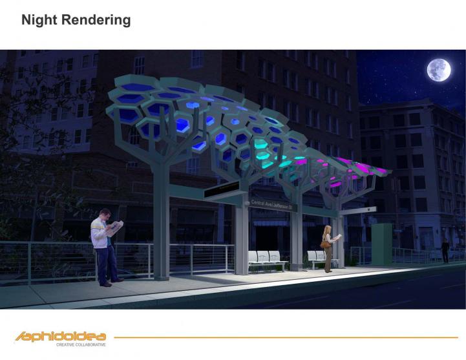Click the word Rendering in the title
pyautogui.click(x=96, y=20)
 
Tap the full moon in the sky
pyautogui.click(x=438, y=70)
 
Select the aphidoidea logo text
pyautogui.click(x=61, y=336)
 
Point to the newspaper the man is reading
pyautogui.click(x=114, y=228)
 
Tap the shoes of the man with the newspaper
pyautogui.click(x=111, y=282)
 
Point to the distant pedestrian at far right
pyautogui.click(x=445, y=250)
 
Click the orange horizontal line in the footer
pyautogui.click(x=284, y=337)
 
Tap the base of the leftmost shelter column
pyautogui.click(x=161, y=275)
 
